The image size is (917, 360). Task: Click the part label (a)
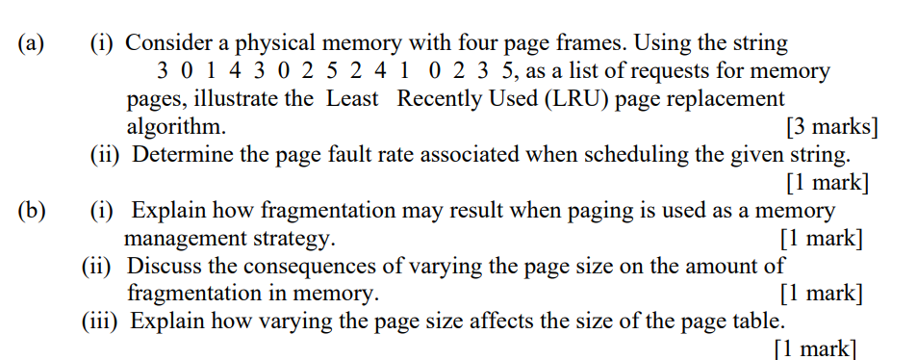click(32, 43)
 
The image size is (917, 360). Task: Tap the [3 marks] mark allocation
click(831, 126)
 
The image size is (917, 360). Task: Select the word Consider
click(171, 43)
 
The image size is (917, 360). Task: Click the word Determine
click(182, 154)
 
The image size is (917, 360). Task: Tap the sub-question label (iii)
click(100, 321)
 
